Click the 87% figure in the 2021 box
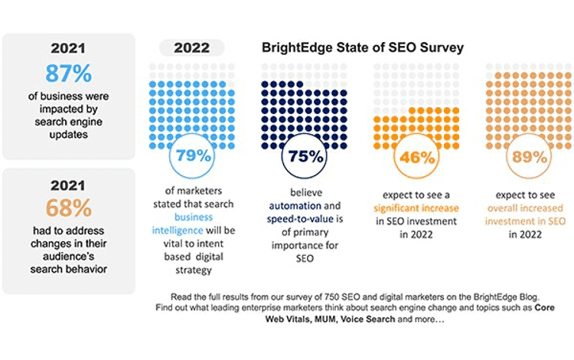click(x=68, y=74)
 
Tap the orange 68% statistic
click(x=68, y=208)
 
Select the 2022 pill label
click(x=191, y=47)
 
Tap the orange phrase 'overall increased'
click(x=521, y=207)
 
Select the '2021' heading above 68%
click(x=68, y=185)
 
